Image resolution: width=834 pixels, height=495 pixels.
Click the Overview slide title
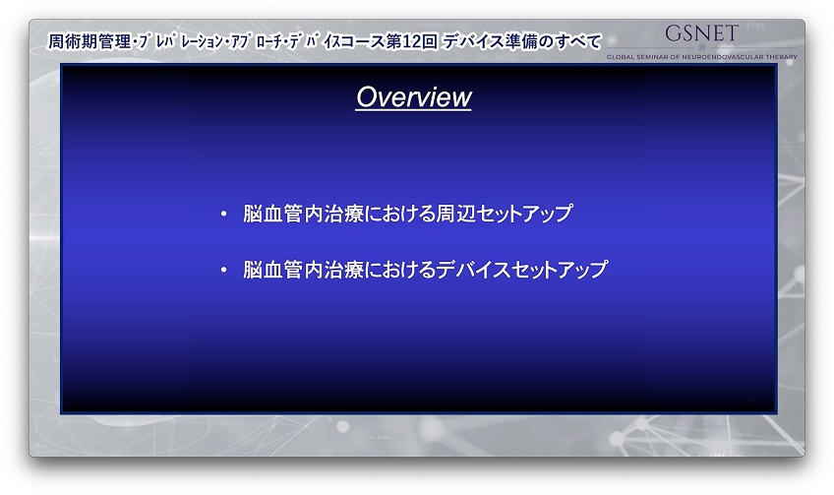(x=413, y=96)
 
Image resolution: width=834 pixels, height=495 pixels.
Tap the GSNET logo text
(x=701, y=33)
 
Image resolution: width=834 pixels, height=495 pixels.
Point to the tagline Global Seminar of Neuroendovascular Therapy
(x=701, y=57)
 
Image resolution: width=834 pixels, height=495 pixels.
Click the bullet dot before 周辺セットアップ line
(x=224, y=214)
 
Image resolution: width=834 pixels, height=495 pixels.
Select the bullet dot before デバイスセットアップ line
(x=224, y=271)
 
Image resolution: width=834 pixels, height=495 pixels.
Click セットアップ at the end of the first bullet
(x=524, y=214)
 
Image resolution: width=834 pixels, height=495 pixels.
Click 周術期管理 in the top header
(x=89, y=41)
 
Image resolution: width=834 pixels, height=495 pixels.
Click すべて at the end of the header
(x=578, y=41)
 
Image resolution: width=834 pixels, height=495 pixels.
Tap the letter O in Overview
(x=366, y=96)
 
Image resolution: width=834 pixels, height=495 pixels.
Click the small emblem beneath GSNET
(x=701, y=48)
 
